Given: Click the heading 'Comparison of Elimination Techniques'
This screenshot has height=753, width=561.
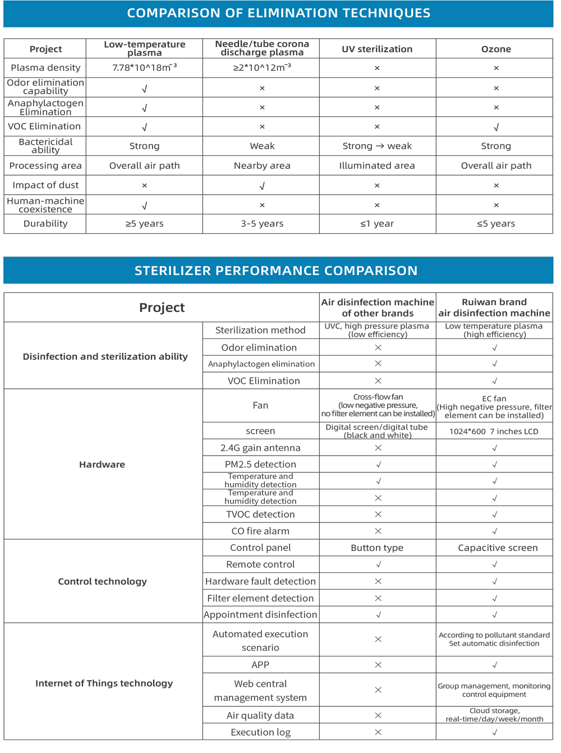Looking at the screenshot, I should pyautogui.click(x=278, y=13).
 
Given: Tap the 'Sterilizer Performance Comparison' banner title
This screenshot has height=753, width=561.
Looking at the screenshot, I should pyautogui.click(x=276, y=271).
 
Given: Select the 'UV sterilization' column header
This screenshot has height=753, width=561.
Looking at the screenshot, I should pyautogui.click(x=377, y=49).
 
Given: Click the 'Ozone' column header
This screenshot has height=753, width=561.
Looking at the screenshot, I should pyautogui.click(x=496, y=49).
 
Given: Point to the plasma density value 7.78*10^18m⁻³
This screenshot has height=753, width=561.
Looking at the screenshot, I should pyautogui.click(x=144, y=68).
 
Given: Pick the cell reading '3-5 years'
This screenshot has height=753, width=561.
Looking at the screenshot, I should pyautogui.click(x=262, y=224).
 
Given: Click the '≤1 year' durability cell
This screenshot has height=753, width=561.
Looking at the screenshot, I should pyautogui.click(x=377, y=224).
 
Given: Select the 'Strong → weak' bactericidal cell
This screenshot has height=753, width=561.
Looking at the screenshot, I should pyautogui.click(x=377, y=146).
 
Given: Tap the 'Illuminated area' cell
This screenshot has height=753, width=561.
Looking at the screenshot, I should pyautogui.click(x=377, y=166).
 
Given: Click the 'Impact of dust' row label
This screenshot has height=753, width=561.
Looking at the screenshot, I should pyautogui.click(x=45, y=185).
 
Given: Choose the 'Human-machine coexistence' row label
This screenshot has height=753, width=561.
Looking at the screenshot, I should pyautogui.click(x=45, y=205).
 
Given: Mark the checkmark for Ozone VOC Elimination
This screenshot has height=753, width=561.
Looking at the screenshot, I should pyautogui.click(x=496, y=127).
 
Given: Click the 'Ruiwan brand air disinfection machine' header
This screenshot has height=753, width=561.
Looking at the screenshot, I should pyautogui.click(x=494, y=307).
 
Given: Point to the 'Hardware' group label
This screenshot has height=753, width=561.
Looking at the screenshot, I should pyautogui.click(x=102, y=465).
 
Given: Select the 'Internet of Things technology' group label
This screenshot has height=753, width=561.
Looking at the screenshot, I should pyautogui.click(x=104, y=683).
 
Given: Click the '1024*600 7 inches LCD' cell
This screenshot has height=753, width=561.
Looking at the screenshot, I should pyautogui.click(x=494, y=431).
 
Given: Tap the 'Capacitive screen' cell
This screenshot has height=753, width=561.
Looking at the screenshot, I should pyautogui.click(x=498, y=548).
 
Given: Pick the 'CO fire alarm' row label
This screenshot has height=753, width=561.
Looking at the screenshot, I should pyautogui.click(x=260, y=531).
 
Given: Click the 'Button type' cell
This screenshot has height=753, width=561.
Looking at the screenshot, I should pyautogui.click(x=377, y=548).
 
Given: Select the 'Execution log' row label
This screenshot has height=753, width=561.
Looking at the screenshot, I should pyautogui.click(x=260, y=732).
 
